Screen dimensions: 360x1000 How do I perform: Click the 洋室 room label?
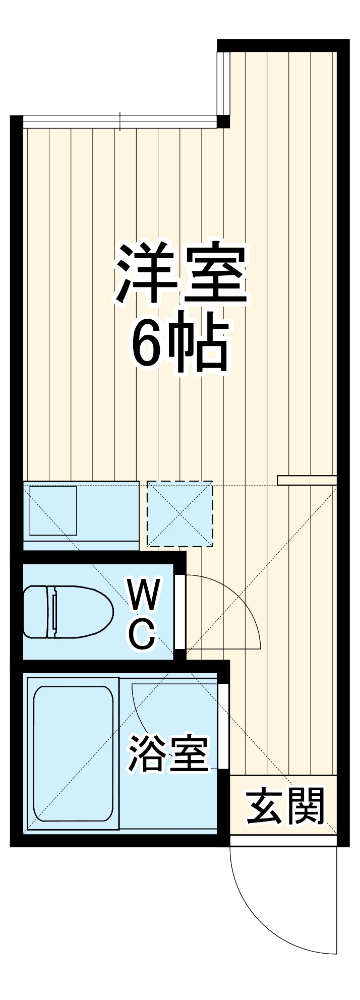pyautogui.click(x=182, y=273)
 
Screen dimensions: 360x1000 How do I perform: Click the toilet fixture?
pyautogui.click(x=68, y=612)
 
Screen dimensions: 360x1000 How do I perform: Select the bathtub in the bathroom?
pyautogui.click(x=73, y=753)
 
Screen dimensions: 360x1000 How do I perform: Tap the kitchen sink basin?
pyautogui.click(x=53, y=510)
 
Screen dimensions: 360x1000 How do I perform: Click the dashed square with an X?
pyautogui.click(x=180, y=514)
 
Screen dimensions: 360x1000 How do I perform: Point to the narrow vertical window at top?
pyautogui.click(x=223, y=83)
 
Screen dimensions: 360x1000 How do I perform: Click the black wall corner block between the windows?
pyautogui.click(x=223, y=122)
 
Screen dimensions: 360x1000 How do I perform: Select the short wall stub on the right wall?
pyautogui.click(x=307, y=480)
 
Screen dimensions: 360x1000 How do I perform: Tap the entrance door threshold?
pyautogui.click(x=283, y=841)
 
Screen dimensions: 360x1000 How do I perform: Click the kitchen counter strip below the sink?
pyautogui.click(x=81, y=546)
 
